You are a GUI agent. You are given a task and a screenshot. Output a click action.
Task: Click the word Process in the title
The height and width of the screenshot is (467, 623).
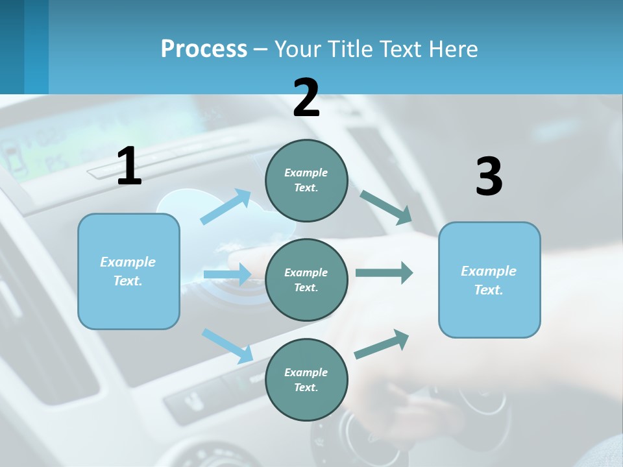click(204, 49)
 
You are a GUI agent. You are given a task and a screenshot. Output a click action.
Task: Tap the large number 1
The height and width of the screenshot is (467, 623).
click(129, 167)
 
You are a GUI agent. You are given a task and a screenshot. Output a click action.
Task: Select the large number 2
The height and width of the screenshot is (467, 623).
click(306, 98)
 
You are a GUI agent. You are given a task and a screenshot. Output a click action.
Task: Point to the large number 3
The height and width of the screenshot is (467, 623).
click(489, 177)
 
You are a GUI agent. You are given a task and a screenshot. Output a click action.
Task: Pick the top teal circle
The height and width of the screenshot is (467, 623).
click(306, 180)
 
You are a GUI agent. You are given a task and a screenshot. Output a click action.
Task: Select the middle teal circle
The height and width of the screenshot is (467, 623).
click(306, 280)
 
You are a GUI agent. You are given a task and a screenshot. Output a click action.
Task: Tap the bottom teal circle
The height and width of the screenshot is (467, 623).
click(306, 379)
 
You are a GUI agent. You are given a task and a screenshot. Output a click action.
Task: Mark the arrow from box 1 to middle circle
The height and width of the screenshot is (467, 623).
click(227, 274)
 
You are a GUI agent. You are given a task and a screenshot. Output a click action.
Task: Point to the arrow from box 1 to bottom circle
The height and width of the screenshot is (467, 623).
click(227, 345)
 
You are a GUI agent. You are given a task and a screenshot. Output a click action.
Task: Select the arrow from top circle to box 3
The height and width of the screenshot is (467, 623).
click(385, 207)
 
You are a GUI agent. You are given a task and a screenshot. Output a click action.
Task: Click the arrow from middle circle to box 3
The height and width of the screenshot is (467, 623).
click(384, 273)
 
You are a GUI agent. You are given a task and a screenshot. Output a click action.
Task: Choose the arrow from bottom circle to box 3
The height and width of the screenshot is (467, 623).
click(382, 344)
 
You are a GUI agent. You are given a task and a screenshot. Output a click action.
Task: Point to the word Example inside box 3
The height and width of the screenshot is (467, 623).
click(489, 271)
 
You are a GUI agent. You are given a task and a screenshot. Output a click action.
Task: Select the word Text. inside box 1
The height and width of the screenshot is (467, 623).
click(128, 281)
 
